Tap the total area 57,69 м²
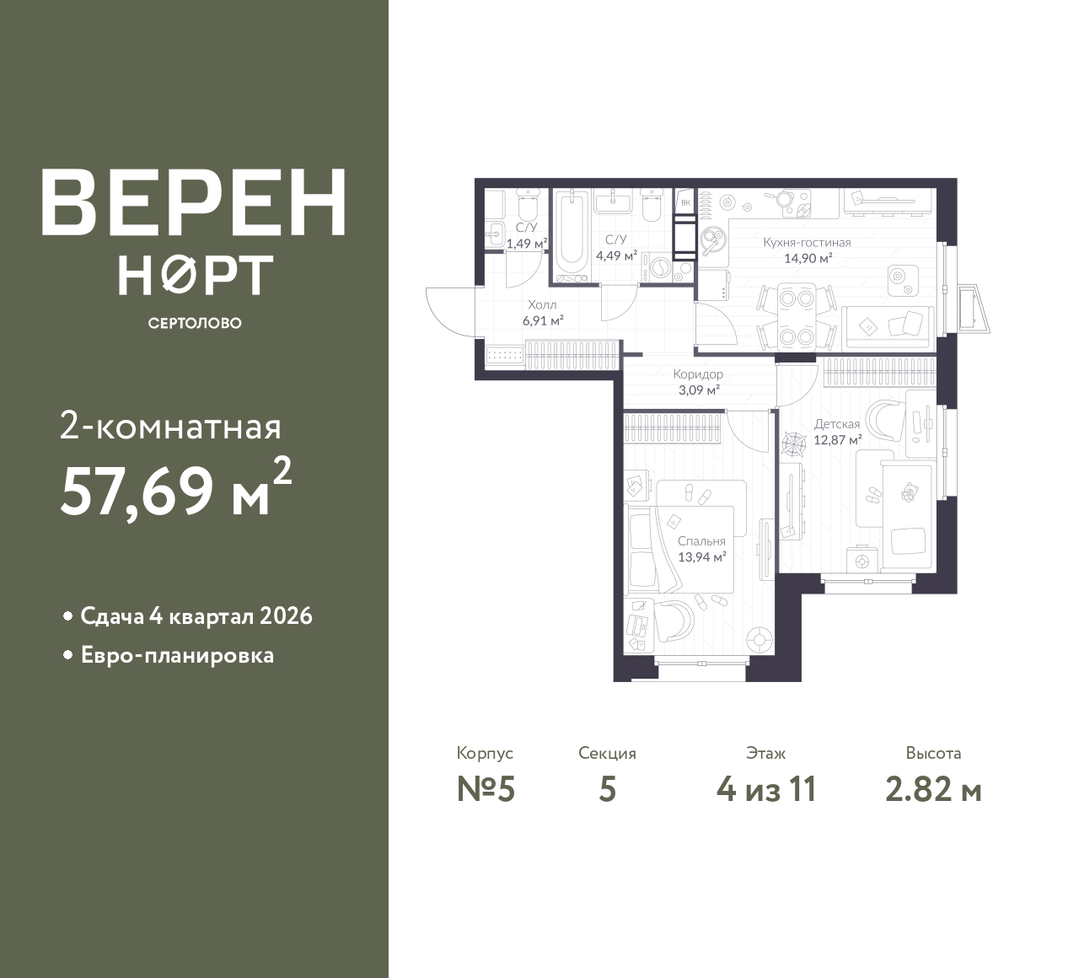pos(176,488)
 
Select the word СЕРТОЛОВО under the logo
pos(195,323)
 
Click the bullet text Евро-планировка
pos(177,656)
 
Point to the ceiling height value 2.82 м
pos(933,790)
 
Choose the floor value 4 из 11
pos(766,790)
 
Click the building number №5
pos(486,790)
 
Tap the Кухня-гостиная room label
pos(807,243)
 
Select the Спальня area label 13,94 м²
pos(702,556)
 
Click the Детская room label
pos(837,424)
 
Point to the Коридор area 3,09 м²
pos(699,390)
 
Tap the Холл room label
pos(543,305)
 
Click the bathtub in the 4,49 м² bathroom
pos(572,234)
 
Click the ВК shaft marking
pos(685,203)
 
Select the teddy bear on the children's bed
pos(910,492)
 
